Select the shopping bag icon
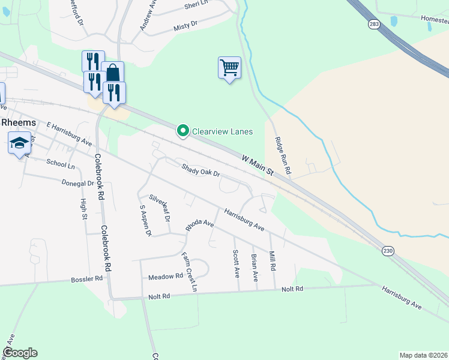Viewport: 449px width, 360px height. point(113,73)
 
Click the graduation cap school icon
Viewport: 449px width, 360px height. point(19,143)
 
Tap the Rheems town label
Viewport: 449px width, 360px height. point(19,122)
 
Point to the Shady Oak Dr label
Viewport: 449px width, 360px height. point(201,170)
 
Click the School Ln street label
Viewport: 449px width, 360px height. point(61,164)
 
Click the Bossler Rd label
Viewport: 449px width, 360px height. point(86,279)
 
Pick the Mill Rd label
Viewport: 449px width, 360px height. point(273,260)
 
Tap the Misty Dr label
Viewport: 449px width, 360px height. point(185,25)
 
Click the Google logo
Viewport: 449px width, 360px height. point(20,353)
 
